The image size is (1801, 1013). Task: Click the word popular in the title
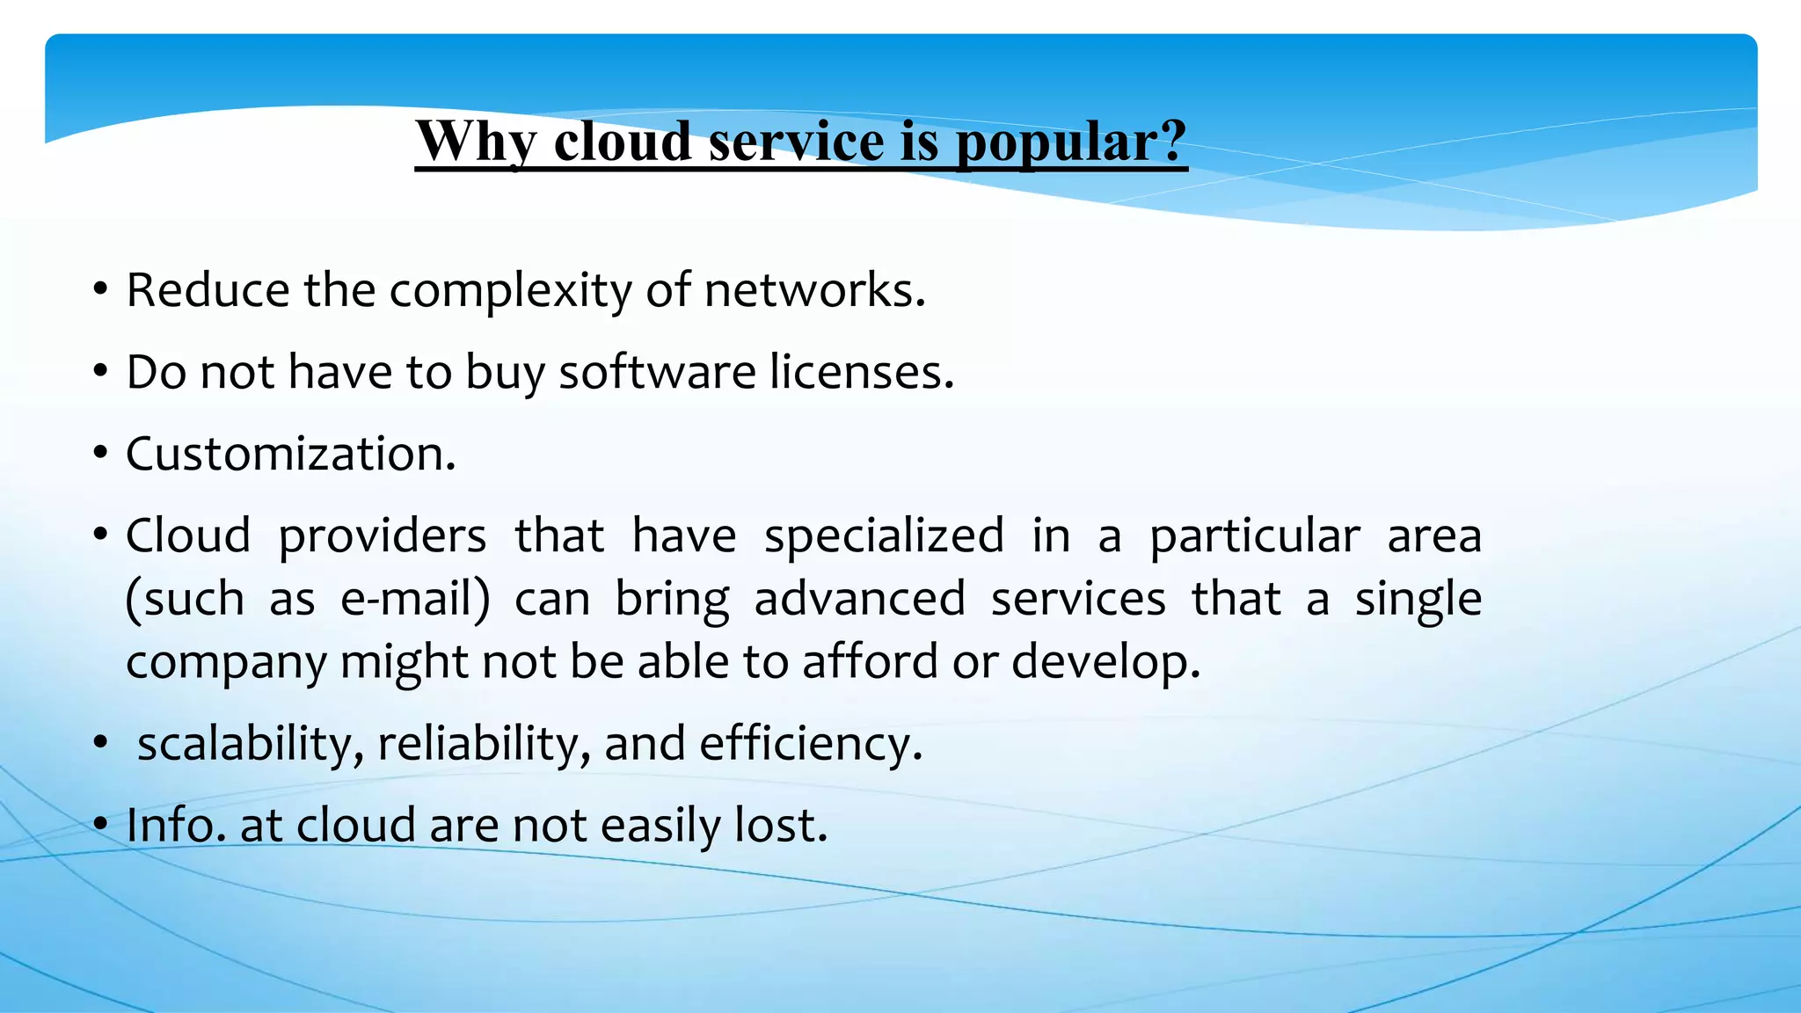coord(1071,142)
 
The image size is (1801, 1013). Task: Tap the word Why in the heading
coord(475,142)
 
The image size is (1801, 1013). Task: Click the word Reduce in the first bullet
coord(208,290)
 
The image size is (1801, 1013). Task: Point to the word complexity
coord(510,292)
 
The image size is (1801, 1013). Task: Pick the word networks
coord(814,290)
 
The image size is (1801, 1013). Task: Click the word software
coord(657,372)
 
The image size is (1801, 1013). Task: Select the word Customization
coord(290,454)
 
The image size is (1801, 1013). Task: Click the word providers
coord(382,536)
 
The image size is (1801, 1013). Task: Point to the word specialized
coord(884,536)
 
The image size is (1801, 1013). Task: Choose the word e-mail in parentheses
coord(414,600)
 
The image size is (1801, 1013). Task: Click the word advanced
coord(859,600)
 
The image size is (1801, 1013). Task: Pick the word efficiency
coord(810,744)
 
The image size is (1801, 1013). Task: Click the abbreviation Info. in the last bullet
coord(175,826)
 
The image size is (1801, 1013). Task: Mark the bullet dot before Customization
coord(101,455)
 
